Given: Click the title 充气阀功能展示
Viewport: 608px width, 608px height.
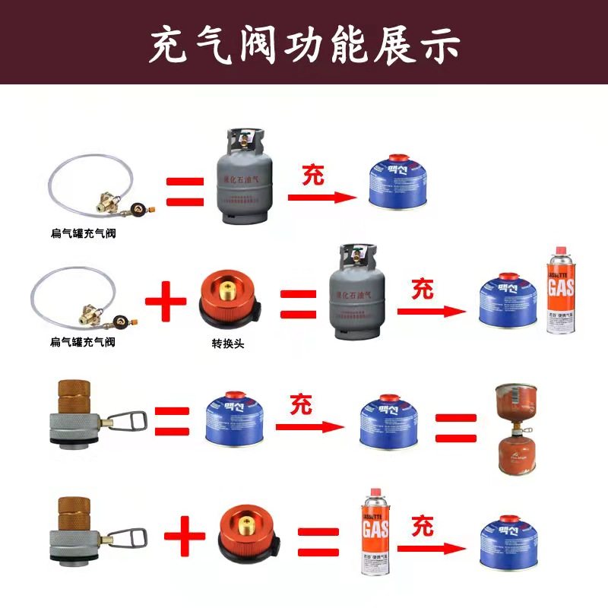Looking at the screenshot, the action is [304, 43].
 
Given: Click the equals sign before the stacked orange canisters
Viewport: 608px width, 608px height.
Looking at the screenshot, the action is [455, 427].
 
